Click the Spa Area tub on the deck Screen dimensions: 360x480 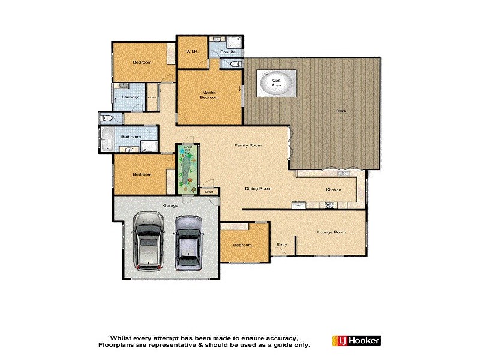pos(277,83)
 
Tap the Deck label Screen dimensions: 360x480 pos(341,111)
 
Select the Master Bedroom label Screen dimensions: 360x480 pos(209,95)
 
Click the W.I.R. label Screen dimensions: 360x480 pos(192,52)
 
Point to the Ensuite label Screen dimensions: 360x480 pos(228,52)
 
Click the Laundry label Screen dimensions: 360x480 pos(130,97)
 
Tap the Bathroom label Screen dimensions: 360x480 pos(131,137)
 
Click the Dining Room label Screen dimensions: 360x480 pos(258,189)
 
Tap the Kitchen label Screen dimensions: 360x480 pos(333,190)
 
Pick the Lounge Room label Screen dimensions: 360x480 pos(332,232)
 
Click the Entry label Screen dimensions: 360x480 pos(282,244)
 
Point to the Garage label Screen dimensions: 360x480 pos(172,206)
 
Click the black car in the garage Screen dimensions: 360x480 pos(148,241)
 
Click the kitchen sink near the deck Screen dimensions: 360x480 pos(343,174)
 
